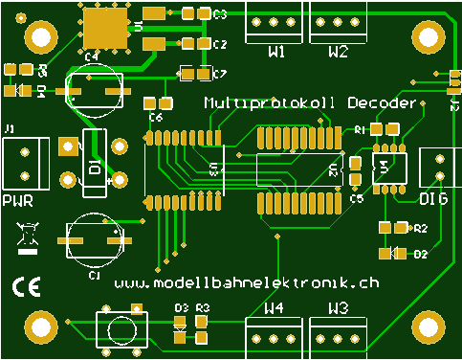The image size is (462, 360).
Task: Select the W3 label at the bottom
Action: pos(338,308)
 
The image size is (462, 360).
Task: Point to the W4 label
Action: pos(274,308)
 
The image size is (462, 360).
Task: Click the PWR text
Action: pos(18,201)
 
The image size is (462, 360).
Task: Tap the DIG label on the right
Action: pos(433,198)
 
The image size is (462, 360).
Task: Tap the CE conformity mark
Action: pos(25,286)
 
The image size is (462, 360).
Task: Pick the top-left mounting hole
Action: pos(39,37)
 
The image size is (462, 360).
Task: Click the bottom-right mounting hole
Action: pos(425,328)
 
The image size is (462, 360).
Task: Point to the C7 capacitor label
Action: pos(219,74)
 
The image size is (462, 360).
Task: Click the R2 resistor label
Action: pos(419,229)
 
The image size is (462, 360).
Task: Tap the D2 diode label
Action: pos(419,254)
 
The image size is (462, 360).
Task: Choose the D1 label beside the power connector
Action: pos(95,169)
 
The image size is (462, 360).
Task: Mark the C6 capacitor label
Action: pos(156,116)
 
